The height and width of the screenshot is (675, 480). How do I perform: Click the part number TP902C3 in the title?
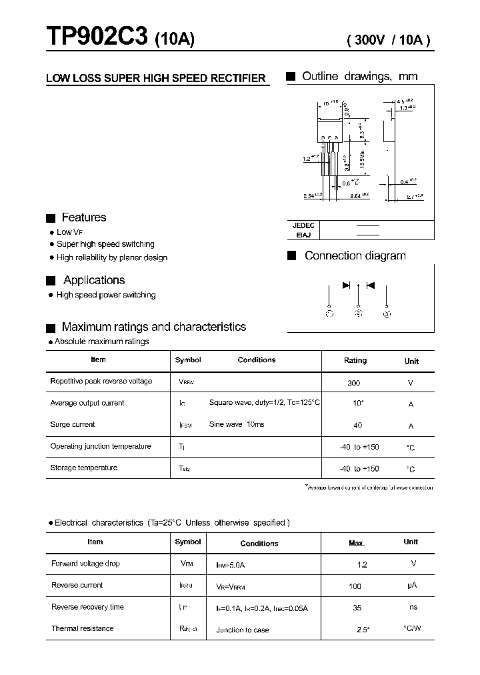point(97,38)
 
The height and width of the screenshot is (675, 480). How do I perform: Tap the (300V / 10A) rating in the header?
point(389,40)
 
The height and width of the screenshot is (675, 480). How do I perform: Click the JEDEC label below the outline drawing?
point(303,225)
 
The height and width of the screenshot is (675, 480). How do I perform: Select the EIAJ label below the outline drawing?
point(303,235)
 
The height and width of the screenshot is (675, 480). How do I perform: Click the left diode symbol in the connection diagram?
point(347,285)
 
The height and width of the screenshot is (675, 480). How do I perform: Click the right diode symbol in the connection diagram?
point(371,285)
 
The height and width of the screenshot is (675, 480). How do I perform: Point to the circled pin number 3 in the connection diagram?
point(387,313)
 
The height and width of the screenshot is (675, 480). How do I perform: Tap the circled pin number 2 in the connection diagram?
point(359,313)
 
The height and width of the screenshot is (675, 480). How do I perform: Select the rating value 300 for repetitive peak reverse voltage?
point(354,383)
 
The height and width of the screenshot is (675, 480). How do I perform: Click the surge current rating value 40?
point(357,426)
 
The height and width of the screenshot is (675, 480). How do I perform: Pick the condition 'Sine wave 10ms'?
point(237,425)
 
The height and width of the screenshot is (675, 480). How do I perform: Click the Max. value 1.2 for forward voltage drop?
point(362,564)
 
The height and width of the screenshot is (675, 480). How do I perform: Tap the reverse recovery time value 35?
point(357,608)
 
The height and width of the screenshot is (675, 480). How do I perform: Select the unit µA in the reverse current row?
point(411,586)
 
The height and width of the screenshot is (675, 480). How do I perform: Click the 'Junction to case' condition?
point(243,630)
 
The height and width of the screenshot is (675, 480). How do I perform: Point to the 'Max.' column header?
point(357,543)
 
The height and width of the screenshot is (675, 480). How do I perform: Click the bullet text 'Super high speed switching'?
point(105,244)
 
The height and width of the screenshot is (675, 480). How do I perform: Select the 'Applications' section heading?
point(94,280)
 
